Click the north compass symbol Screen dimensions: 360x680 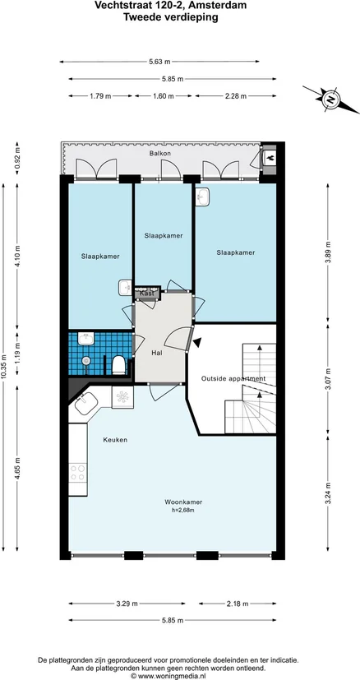pyautogui.click(x=331, y=99)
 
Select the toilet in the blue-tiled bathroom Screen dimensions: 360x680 pyautogui.click(x=119, y=365)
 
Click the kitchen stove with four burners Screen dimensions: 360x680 pyautogui.click(x=78, y=472)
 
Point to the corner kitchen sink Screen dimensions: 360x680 pyautogui.click(x=85, y=405)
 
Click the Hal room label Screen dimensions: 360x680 pyautogui.click(x=157, y=353)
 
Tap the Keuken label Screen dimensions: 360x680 pyautogui.click(x=115, y=440)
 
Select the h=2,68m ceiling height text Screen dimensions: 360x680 pyautogui.click(x=183, y=511)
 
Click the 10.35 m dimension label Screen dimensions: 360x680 pyautogui.click(x=4, y=367)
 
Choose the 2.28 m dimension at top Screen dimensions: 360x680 pyautogui.click(x=236, y=96)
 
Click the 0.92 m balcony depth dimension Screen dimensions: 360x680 pyautogui.click(x=17, y=158)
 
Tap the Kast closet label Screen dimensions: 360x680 pyautogui.click(x=147, y=294)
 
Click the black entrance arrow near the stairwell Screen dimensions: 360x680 pyautogui.click(x=197, y=343)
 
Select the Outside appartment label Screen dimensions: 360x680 pyautogui.click(x=233, y=378)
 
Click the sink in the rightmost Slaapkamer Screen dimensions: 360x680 pyautogui.click(x=202, y=197)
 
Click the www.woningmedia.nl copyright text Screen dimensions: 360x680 pyautogui.click(x=171, y=676)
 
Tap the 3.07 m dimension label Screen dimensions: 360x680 pyautogui.click(x=328, y=378)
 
